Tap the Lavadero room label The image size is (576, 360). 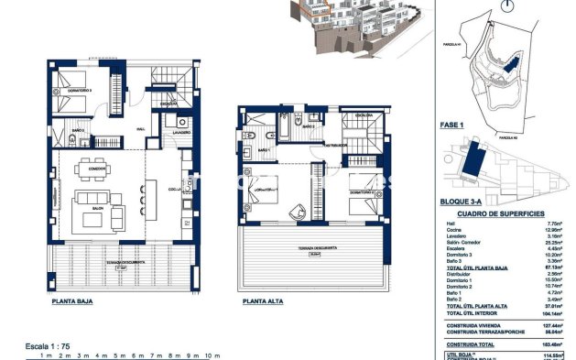[x=179, y=132]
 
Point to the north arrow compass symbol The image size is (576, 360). [x=506, y=7]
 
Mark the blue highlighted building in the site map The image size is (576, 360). [x=476, y=165]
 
